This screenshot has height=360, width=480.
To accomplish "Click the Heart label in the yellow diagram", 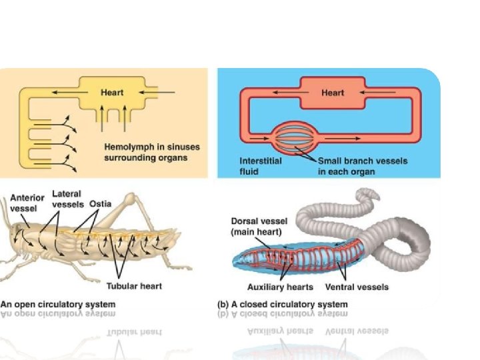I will click(112, 92).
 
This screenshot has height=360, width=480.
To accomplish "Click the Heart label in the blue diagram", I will click(332, 92).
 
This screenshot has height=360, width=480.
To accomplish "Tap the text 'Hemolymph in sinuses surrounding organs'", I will click(151, 152).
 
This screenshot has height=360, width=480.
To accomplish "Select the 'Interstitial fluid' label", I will click(260, 166).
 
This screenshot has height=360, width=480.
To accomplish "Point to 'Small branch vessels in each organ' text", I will click(362, 166).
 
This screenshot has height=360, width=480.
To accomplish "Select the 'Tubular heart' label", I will click(135, 286).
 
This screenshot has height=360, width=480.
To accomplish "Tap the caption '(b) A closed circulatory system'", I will click(283, 305).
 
